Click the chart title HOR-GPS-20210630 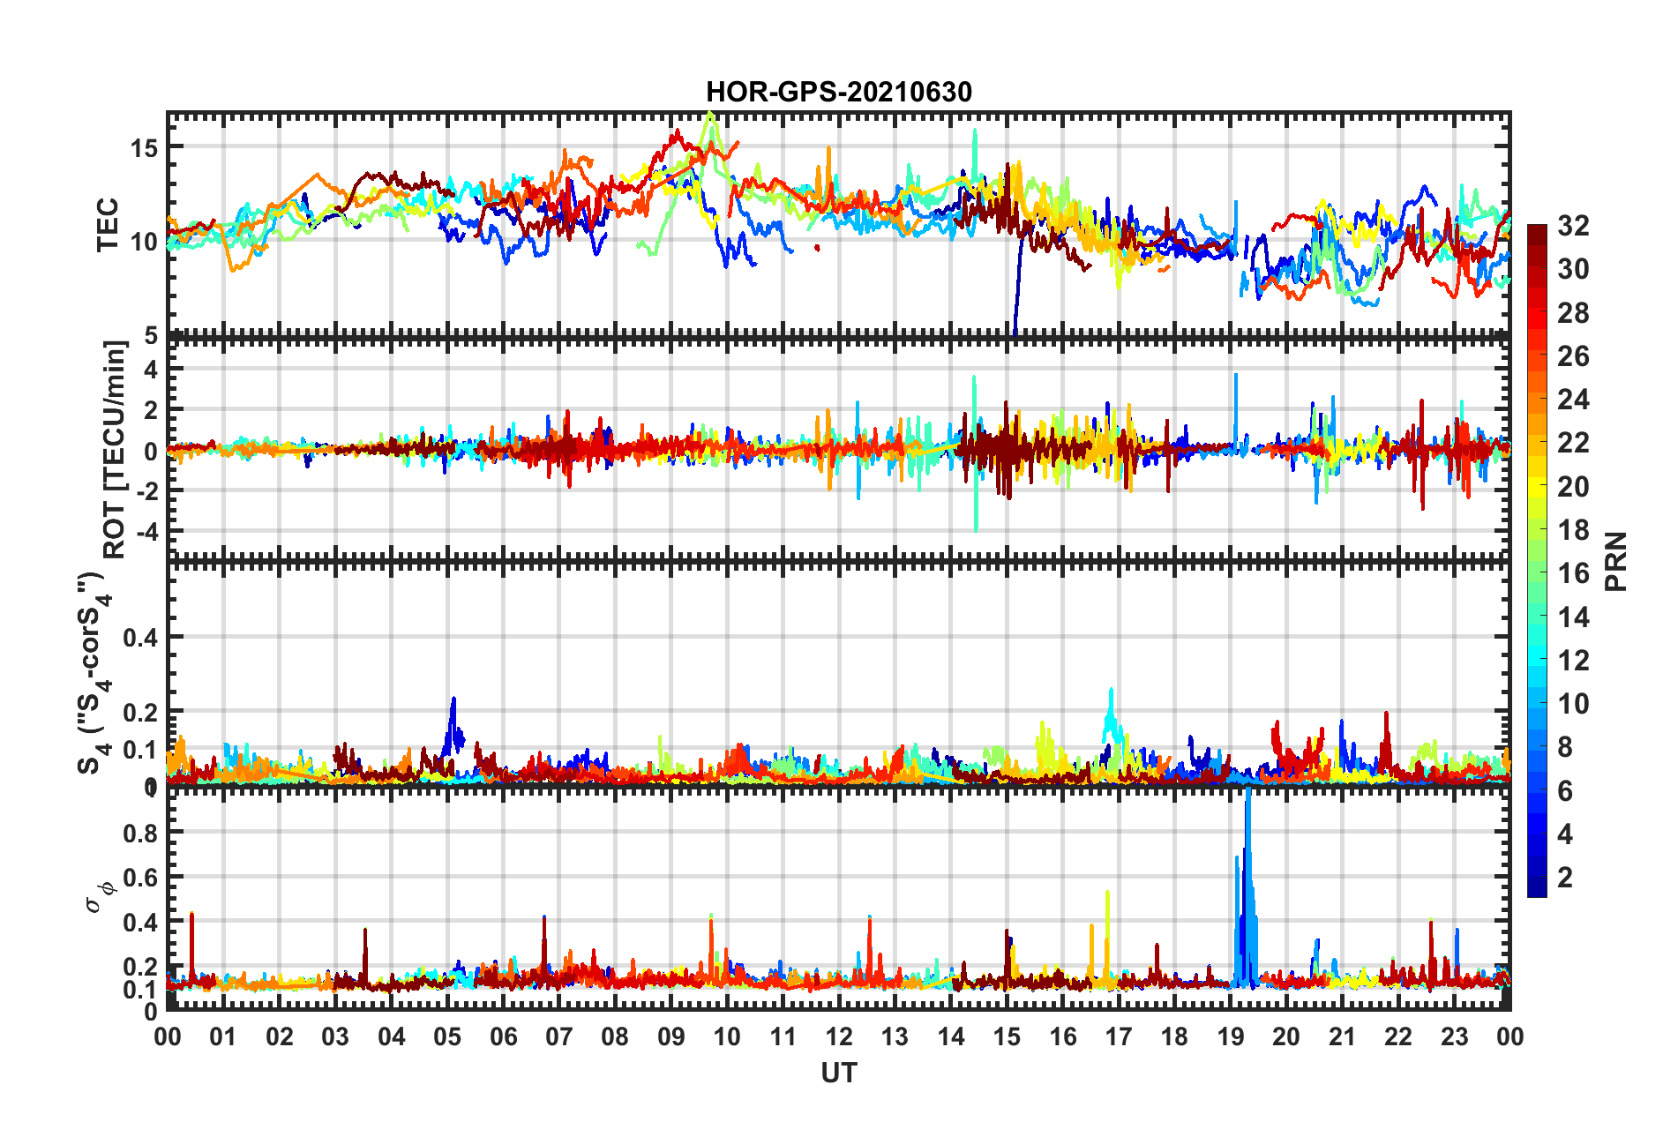pos(838,92)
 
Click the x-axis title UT pos(838,1073)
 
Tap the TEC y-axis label pos(108,225)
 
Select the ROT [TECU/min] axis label pos(115,450)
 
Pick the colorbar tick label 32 pos(1573,226)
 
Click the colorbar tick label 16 pos(1573,573)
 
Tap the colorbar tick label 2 pos(1566,877)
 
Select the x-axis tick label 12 pos(838,1037)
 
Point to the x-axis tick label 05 pos(447,1037)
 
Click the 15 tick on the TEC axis pos(144,147)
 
